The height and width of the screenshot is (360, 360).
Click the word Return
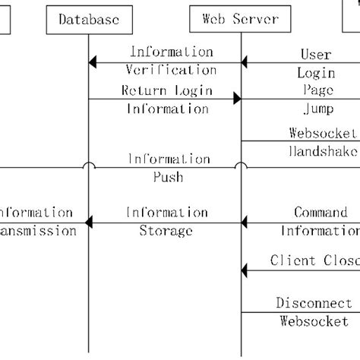144,90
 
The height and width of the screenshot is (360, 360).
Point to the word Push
168,178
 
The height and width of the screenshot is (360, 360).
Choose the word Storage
166,231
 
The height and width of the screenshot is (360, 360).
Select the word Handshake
322,151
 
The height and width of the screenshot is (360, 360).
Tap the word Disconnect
314,302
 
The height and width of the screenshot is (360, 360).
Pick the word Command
321,213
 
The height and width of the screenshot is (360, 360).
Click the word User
316,55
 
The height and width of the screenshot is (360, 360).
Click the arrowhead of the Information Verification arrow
93,62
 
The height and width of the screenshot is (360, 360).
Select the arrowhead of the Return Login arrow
236,99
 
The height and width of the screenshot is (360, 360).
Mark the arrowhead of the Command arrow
245,222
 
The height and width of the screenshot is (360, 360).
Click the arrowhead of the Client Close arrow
245,270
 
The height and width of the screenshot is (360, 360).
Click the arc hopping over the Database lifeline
89,165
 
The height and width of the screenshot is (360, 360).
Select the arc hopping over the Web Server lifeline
241,165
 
